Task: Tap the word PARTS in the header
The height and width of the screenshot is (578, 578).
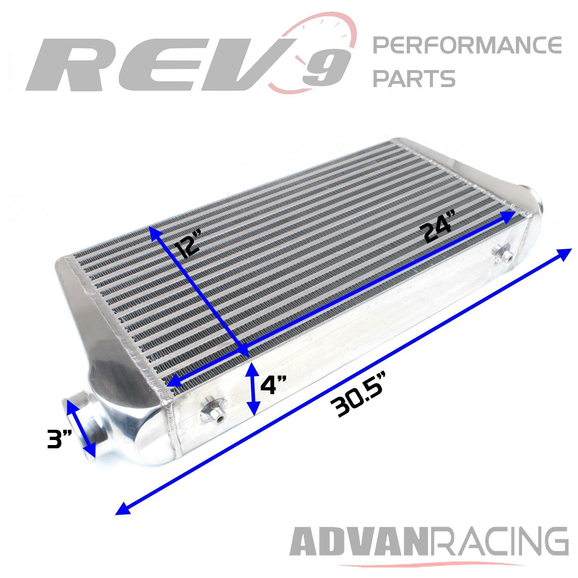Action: point(414,78)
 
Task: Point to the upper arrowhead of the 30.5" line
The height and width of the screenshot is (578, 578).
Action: point(566,253)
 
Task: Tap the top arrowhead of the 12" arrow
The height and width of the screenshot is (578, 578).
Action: point(153,232)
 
